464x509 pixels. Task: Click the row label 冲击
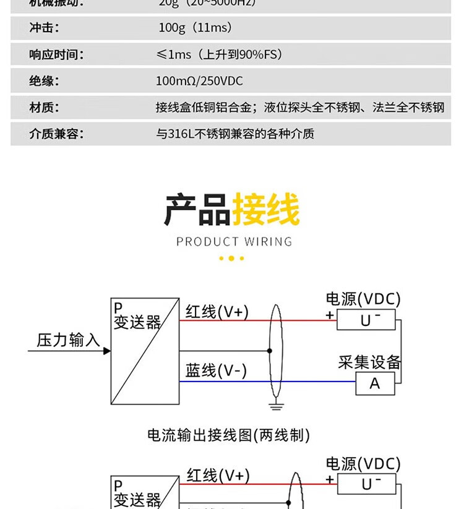tap(45, 28)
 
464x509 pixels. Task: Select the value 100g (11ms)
tap(195, 28)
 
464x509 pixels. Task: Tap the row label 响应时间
tap(56, 54)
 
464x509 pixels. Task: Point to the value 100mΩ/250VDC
tap(199, 81)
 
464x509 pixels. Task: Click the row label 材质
tap(45, 108)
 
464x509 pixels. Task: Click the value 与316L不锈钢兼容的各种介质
tap(235, 134)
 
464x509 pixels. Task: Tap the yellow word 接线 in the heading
tap(266, 210)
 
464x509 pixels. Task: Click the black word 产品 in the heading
tap(197, 210)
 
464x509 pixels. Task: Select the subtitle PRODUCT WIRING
tap(234, 241)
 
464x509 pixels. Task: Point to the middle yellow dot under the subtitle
tap(232, 259)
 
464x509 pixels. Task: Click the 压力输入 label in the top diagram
tap(68, 340)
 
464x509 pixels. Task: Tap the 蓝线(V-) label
tap(216, 370)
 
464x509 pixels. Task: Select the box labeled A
tap(375, 383)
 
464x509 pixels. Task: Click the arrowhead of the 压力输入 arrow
tap(107, 351)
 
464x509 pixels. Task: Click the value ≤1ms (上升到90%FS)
tap(220, 54)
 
